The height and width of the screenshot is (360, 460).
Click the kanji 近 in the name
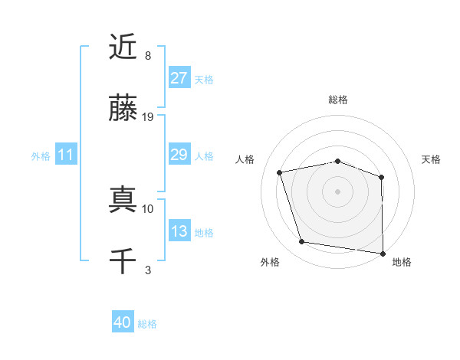pyautogui.click(x=123, y=47)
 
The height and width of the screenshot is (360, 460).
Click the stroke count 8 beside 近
pyautogui.click(x=148, y=56)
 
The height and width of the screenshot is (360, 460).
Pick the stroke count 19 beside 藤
pyautogui.click(x=148, y=117)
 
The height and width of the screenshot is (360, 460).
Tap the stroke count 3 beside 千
pyautogui.click(x=148, y=270)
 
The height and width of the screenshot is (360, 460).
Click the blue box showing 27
pyautogui.click(x=179, y=78)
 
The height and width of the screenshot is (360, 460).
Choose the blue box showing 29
pyautogui.click(x=179, y=155)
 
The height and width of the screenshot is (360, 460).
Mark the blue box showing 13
pyautogui.click(x=179, y=231)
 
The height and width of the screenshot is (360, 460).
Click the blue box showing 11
pyautogui.click(x=66, y=155)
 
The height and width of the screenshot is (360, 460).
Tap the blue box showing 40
pyautogui.click(x=123, y=323)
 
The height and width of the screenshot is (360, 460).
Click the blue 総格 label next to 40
pyautogui.click(x=147, y=324)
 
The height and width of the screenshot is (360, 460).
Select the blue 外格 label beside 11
pyautogui.click(x=41, y=155)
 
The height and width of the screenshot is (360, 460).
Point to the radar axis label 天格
pyautogui.click(x=432, y=159)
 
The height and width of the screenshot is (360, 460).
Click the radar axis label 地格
pyautogui.click(x=402, y=263)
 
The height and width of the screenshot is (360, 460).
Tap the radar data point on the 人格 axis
pyautogui.click(x=280, y=172)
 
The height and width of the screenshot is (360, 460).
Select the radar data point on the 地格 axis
pyautogui.click(x=383, y=253)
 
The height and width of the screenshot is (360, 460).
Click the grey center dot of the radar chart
pyautogui.click(x=338, y=191)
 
